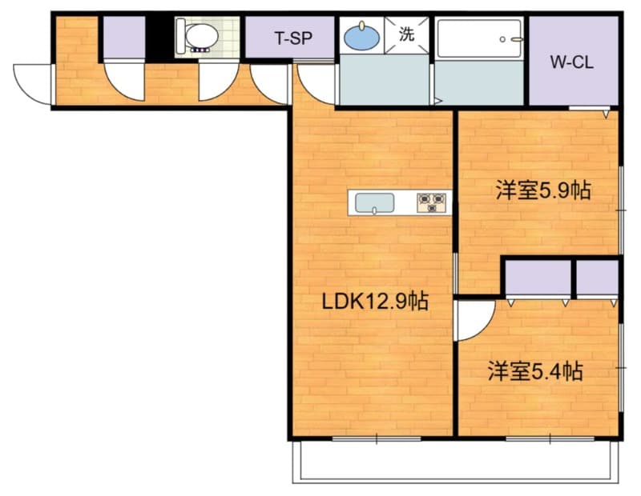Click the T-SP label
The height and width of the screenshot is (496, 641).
(x=293, y=38)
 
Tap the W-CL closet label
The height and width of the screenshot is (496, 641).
(x=571, y=62)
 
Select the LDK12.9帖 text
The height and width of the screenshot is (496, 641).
(x=375, y=302)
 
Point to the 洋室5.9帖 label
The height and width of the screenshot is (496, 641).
(x=543, y=190)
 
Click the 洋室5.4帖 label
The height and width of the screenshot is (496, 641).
(x=535, y=371)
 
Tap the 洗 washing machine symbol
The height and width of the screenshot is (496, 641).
(x=407, y=35)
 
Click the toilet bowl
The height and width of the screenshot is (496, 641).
(x=200, y=37)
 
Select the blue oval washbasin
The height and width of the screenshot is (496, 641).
(x=362, y=38)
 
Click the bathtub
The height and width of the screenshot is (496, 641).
(x=479, y=38)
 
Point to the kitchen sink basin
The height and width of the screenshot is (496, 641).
(x=374, y=203)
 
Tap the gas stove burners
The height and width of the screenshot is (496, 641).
(x=432, y=203)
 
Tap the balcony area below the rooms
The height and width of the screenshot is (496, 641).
(x=455, y=462)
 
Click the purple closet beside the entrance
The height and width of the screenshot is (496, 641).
(x=124, y=38)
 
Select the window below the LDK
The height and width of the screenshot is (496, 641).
(x=377, y=439)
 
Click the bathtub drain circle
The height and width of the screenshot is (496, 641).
(x=502, y=39)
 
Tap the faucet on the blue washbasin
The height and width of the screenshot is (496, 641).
(x=362, y=26)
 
